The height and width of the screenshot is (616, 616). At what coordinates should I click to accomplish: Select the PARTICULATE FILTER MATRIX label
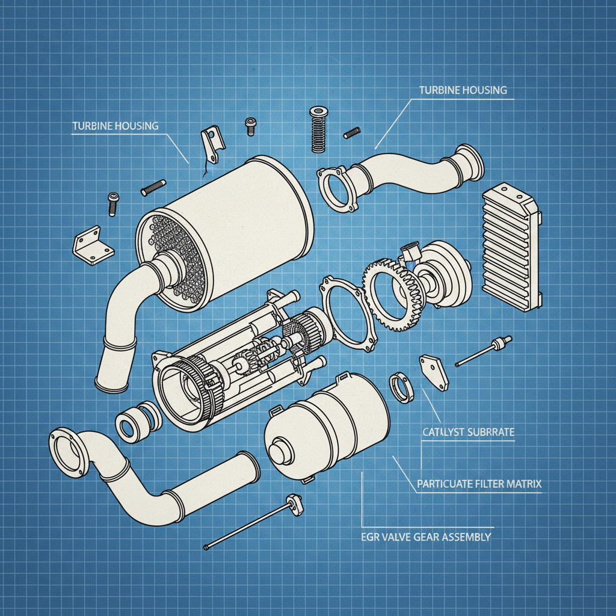pos(478,483)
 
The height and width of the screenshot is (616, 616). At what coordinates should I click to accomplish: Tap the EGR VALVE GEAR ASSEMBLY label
pos(426,537)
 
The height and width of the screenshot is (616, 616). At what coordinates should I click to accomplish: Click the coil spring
pos(316,131)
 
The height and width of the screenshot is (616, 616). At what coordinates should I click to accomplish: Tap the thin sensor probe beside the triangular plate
pos(484,353)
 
